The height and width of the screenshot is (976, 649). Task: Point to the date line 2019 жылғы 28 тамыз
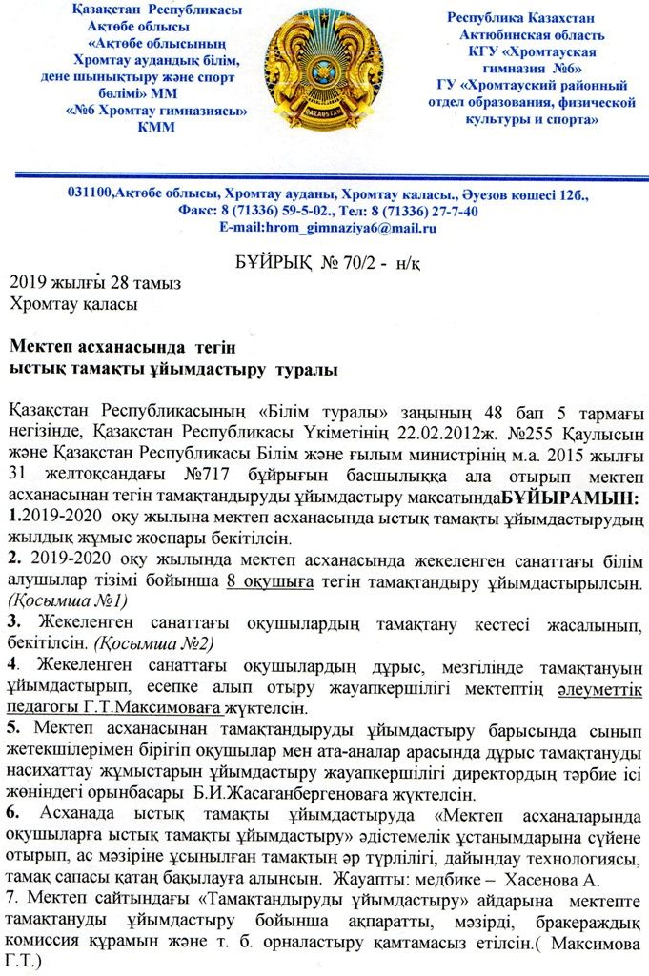(94, 284)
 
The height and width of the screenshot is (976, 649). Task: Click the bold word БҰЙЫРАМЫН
(572, 498)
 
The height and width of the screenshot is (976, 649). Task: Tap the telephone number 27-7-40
(450, 211)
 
